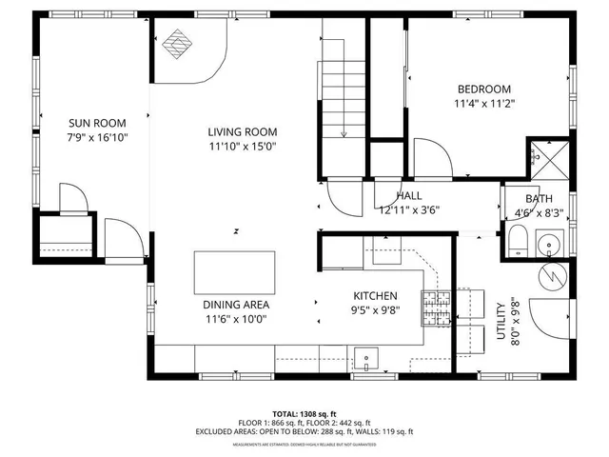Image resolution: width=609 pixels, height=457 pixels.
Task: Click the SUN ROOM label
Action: [x=96, y=123]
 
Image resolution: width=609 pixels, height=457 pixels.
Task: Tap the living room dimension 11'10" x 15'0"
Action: [x=242, y=147]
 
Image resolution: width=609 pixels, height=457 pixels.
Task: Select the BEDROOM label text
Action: [x=484, y=89]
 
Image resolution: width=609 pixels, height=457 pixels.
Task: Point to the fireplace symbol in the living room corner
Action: [x=175, y=44]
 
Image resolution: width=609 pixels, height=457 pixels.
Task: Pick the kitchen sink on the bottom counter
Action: [x=365, y=358]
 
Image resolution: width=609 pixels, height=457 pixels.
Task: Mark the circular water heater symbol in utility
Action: [x=551, y=276]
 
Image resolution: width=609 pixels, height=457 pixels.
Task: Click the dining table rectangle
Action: [x=235, y=272]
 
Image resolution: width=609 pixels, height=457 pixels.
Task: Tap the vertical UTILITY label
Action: [x=501, y=314]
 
